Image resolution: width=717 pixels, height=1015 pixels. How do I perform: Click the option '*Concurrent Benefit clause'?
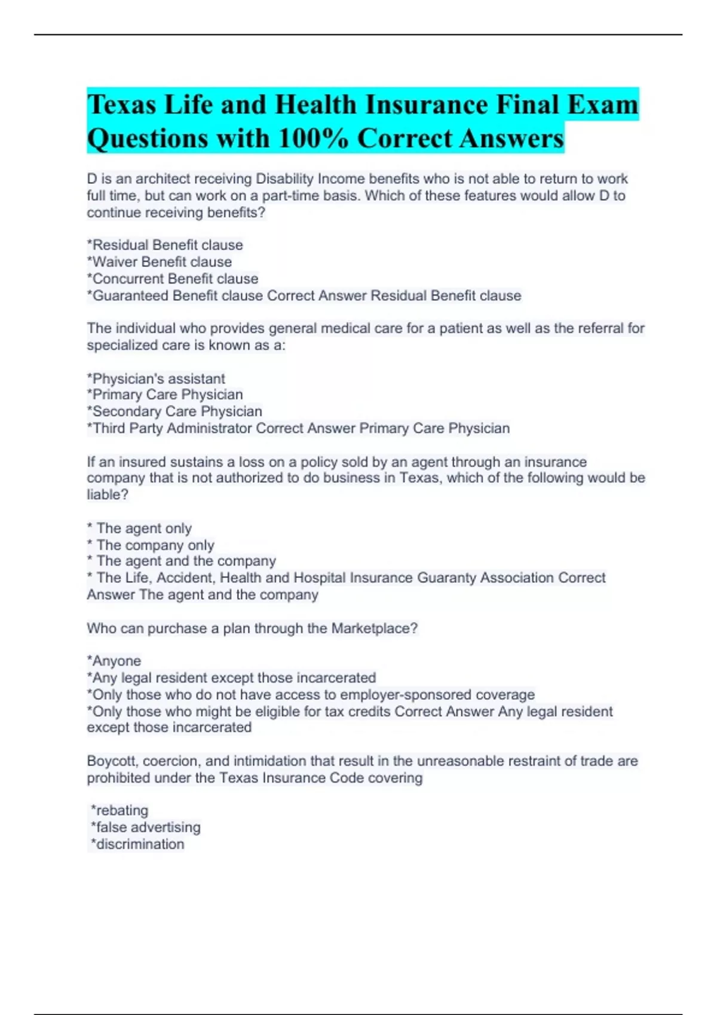click(x=173, y=279)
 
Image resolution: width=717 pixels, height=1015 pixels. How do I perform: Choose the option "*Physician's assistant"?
click(x=156, y=379)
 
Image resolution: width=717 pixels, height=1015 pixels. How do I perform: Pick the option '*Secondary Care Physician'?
click(x=174, y=411)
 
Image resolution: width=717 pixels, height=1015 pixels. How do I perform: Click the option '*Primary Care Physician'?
click(x=165, y=395)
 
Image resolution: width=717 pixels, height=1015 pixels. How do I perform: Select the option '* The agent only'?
click(x=139, y=528)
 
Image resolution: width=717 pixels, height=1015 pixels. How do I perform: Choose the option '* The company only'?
click(x=151, y=545)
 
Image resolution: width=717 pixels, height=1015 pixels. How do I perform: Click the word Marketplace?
click(x=375, y=629)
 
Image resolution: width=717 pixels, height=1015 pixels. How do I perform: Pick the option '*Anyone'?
click(x=114, y=661)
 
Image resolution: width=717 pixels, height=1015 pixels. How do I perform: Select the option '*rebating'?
click(x=119, y=810)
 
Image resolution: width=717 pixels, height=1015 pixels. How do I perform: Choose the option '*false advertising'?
click(x=145, y=828)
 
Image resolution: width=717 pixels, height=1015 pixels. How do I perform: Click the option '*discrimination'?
click(x=137, y=844)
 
